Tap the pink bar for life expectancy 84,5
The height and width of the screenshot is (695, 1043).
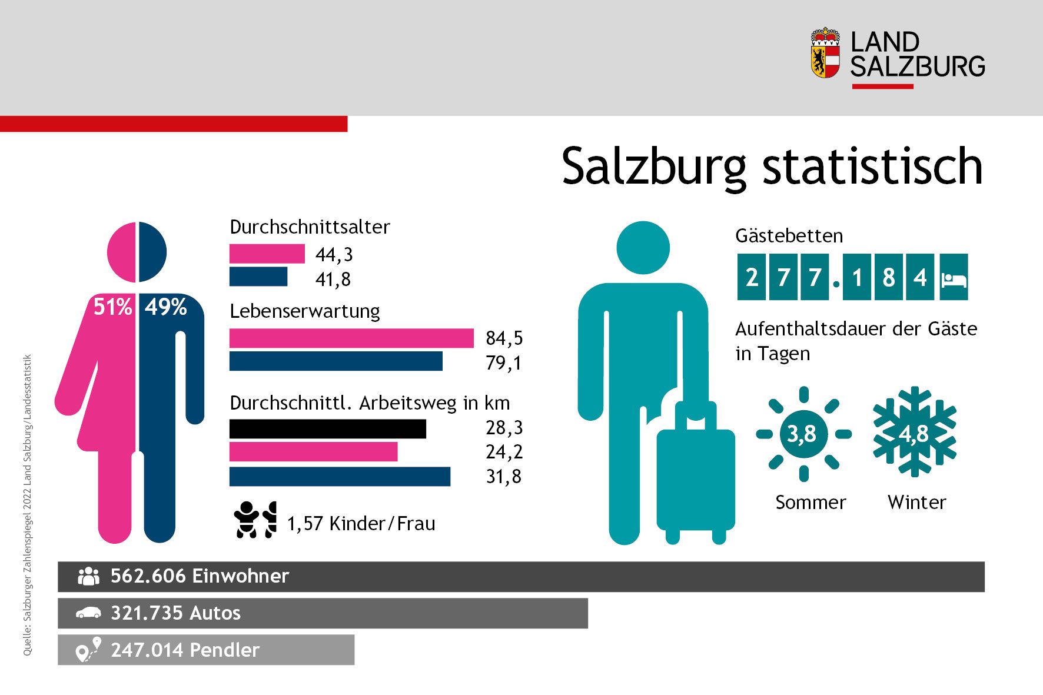coord(351,338)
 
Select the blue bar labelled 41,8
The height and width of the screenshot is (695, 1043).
coord(258,277)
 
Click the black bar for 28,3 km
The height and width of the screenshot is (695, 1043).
coord(327,428)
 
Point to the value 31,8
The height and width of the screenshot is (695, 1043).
coord(503,477)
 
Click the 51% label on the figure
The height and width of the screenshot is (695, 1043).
coord(112,307)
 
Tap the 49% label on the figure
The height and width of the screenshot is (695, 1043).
coord(166,307)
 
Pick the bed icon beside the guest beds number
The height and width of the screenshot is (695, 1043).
coord(954,278)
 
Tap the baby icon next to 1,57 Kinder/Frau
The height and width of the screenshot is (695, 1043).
coord(245,519)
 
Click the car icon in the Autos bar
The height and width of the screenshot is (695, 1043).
coord(88,613)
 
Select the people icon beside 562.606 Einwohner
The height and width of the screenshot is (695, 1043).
coord(88,576)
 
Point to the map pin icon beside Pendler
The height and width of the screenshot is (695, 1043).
coord(88,650)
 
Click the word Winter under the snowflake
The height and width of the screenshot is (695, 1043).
coord(916,503)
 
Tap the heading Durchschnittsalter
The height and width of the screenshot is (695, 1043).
coord(310,227)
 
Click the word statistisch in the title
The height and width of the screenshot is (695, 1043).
coord(872,167)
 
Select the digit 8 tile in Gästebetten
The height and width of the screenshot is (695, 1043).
coord(888,278)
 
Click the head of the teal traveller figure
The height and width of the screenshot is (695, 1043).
coord(643,247)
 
